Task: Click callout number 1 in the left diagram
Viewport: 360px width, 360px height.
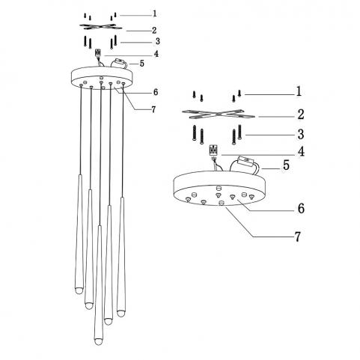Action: [155, 13]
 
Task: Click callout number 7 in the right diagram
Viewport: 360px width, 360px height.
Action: [298, 237]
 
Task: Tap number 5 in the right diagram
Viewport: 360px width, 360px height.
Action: [286, 165]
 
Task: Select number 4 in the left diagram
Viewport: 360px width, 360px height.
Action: [156, 54]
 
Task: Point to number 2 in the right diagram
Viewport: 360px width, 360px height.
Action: [301, 115]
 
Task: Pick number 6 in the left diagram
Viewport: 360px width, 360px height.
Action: [156, 92]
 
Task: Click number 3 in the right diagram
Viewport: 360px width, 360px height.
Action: [301, 135]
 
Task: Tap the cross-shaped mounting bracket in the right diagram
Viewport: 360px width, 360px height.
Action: [219, 114]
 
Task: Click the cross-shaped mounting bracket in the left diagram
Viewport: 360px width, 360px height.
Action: [101, 27]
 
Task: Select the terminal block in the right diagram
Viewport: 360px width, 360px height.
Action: [213, 150]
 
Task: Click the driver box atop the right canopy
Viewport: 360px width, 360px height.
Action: [245, 161]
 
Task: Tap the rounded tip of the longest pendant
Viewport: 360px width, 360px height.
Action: [99, 341]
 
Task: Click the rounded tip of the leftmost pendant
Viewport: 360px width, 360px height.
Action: [79, 290]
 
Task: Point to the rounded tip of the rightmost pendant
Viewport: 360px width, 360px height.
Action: [121, 314]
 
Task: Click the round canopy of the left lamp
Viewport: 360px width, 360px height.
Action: [103, 78]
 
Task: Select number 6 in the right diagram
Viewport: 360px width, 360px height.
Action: [301, 208]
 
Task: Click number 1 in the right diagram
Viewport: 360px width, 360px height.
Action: [299, 91]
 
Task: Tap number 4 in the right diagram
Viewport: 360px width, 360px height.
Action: [302, 151]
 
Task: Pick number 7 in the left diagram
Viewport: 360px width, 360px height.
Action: [153, 109]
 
